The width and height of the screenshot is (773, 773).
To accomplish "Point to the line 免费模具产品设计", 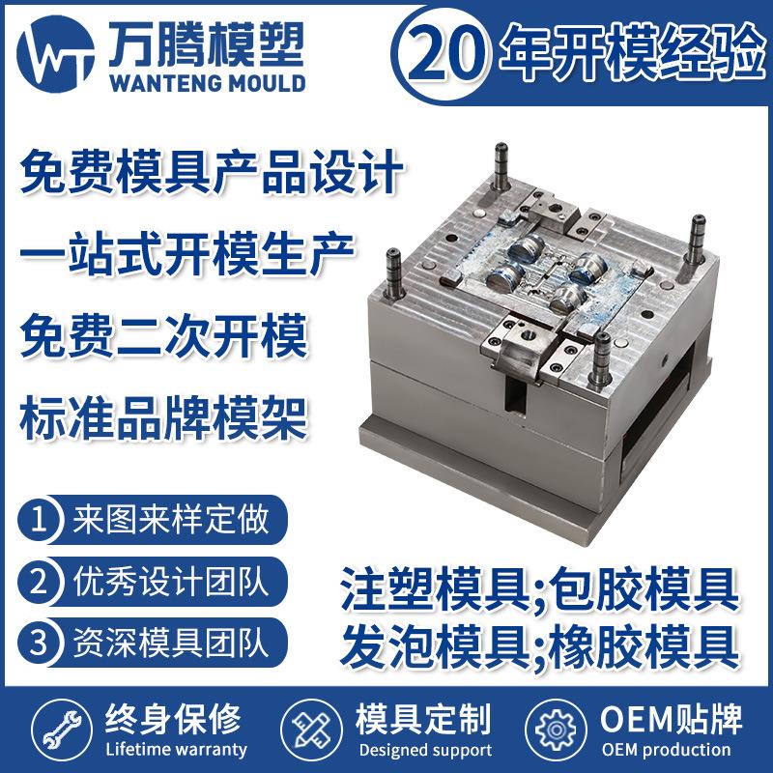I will [x=211, y=177].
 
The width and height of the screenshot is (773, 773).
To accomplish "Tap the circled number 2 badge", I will [x=39, y=582].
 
